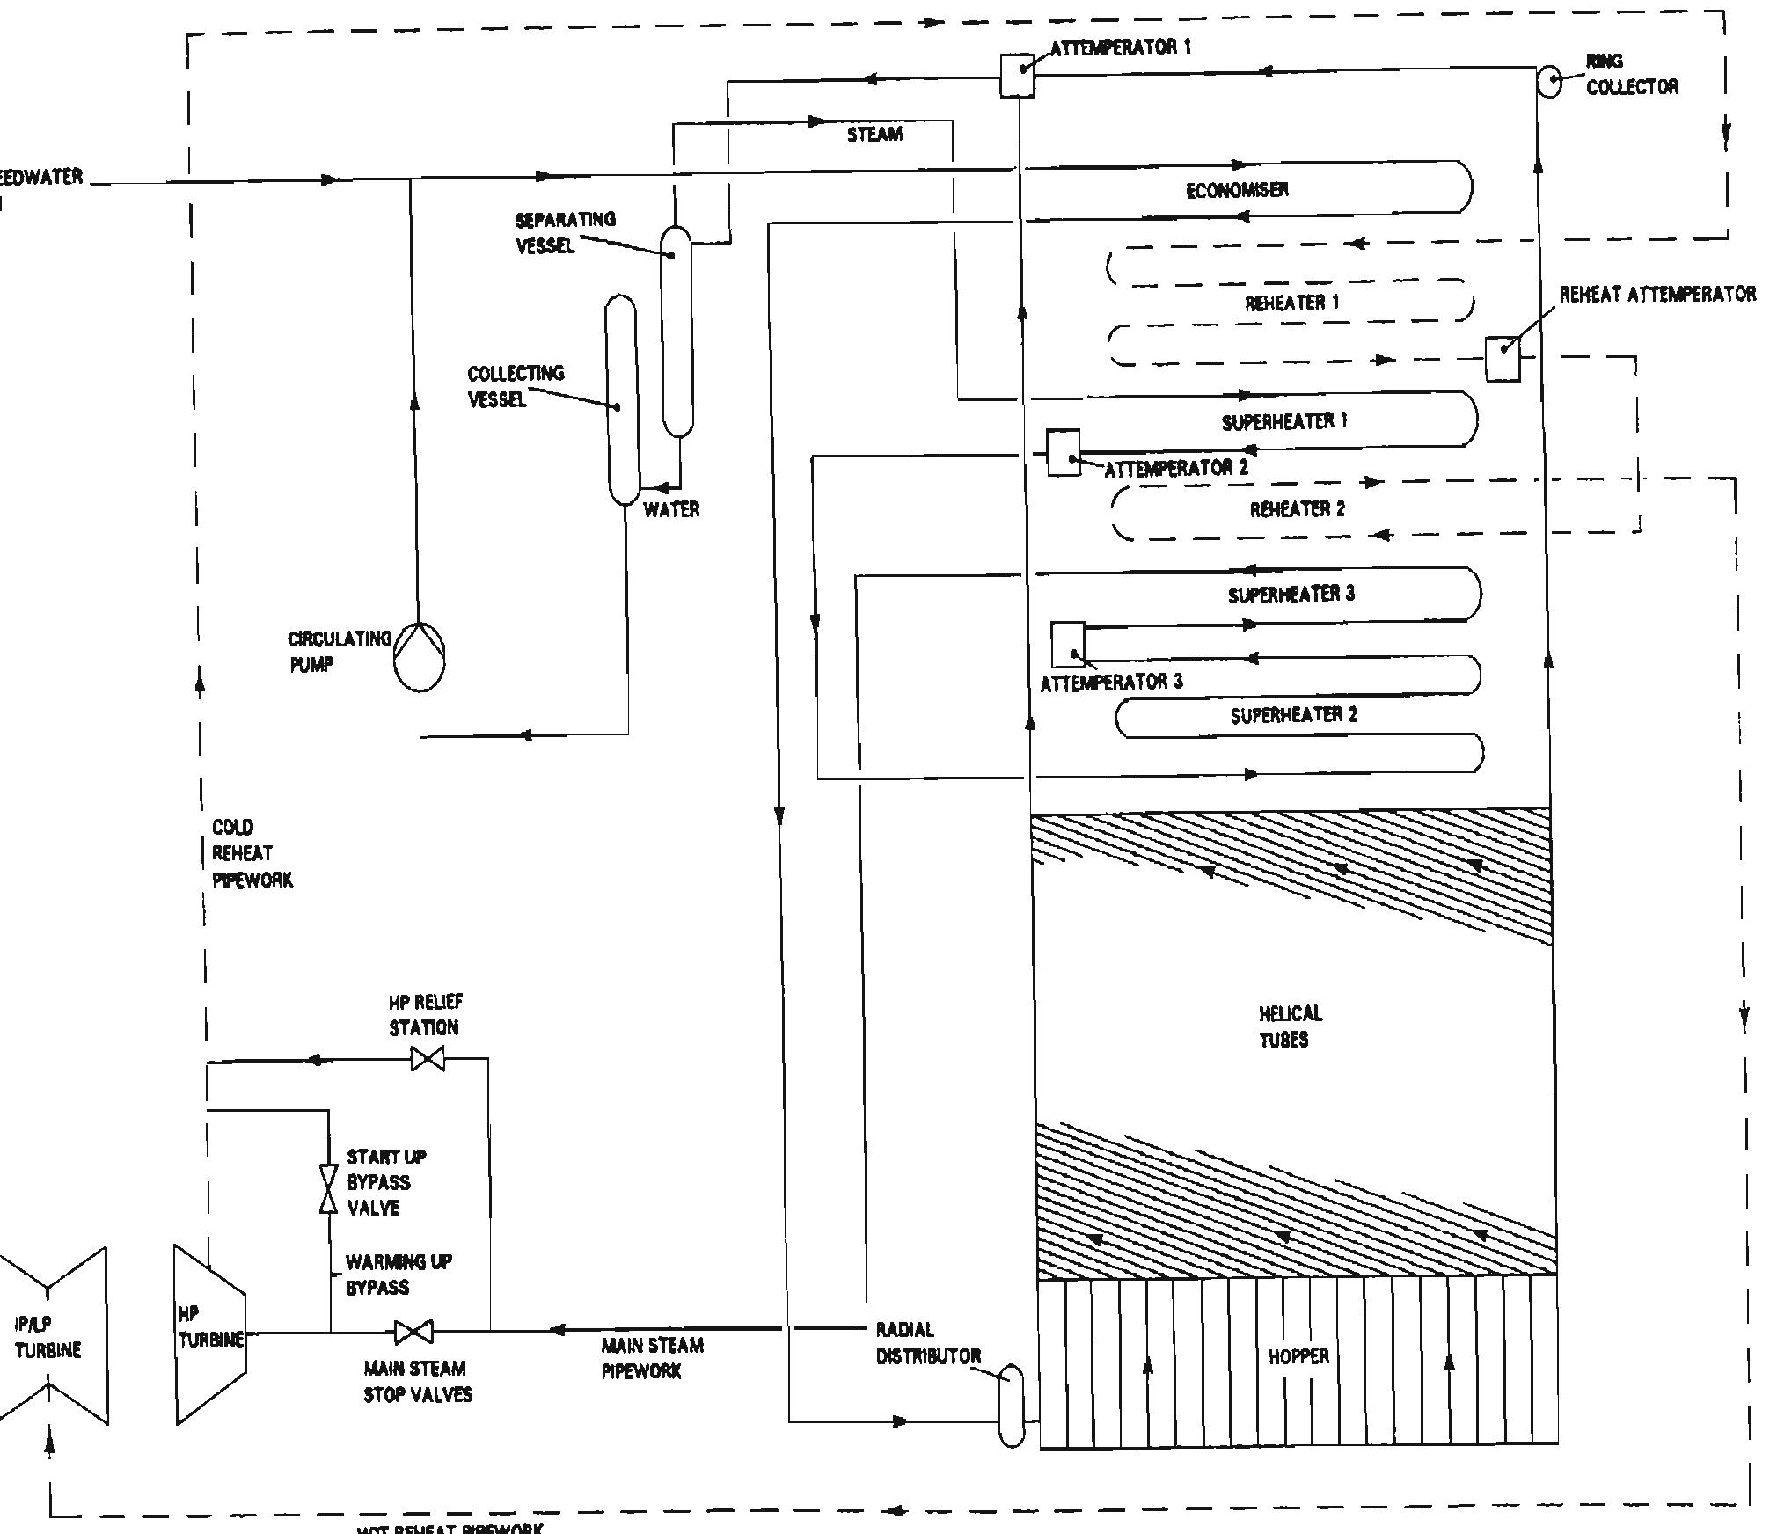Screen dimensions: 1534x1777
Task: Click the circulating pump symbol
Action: pos(419,657)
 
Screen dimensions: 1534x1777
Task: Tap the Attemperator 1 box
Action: pos(1017,75)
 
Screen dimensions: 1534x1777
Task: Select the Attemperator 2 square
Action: pos(1063,453)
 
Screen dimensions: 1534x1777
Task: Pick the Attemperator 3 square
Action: pos(1068,645)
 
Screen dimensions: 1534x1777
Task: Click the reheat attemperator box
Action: pos(1503,358)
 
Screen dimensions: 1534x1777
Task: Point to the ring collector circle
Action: pos(1549,82)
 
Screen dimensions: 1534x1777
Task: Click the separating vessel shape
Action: pos(676,332)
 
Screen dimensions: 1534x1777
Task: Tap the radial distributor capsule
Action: pos(1013,1405)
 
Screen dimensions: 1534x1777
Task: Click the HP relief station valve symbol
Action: pos(428,1059)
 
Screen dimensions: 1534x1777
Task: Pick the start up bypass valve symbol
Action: pos(328,1188)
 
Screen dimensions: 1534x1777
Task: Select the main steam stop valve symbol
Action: pos(413,1332)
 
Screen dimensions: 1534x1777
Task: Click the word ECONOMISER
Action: pos(1237,190)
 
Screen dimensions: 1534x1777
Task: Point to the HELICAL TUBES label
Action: pos(1288,1026)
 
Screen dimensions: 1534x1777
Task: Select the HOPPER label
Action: pos(1298,1356)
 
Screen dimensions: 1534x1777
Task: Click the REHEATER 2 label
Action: pos(1297,509)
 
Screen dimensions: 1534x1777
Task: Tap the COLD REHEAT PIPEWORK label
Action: pos(250,853)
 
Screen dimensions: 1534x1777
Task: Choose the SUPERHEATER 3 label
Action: pos(1291,595)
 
